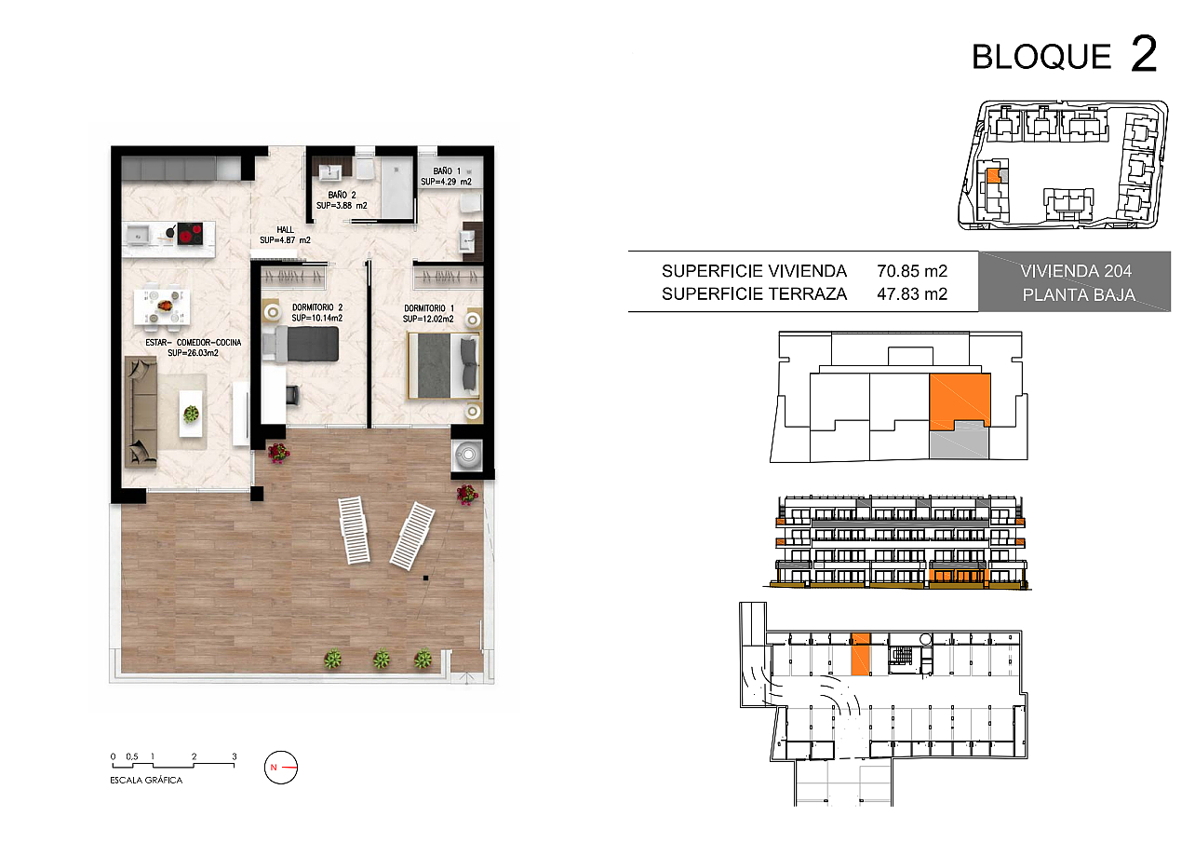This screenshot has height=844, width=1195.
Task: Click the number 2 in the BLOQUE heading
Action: pyautogui.click(x=1144, y=53)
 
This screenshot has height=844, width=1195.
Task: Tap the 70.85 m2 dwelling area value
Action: pyautogui.click(x=912, y=271)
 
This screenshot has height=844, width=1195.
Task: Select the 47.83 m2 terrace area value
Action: pyautogui.click(x=912, y=294)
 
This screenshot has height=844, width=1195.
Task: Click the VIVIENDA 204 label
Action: pyautogui.click(x=1076, y=271)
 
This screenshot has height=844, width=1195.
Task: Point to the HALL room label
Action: pyautogui.click(x=285, y=229)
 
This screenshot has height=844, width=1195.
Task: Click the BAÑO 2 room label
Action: pyautogui.click(x=342, y=195)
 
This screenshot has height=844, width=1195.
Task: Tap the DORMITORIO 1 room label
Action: pyautogui.click(x=429, y=308)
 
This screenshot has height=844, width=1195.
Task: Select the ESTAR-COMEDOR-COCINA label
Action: pyautogui.click(x=194, y=342)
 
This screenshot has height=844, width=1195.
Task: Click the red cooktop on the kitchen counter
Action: pyautogui.click(x=191, y=233)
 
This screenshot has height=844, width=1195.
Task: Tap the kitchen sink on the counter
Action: pyautogui.click(x=139, y=233)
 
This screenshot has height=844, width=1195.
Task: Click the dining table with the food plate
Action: pyautogui.click(x=162, y=306)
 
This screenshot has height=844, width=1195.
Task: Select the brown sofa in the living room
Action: pyautogui.click(x=141, y=412)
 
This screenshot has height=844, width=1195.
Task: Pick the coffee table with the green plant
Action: pyautogui.click(x=191, y=414)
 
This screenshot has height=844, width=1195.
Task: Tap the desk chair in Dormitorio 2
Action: pyautogui.click(x=292, y=394)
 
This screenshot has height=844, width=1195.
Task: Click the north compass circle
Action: pyautogui.click(x=281, y=767)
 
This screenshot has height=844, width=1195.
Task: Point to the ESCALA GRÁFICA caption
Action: pyautogui.click(x=146, y=780)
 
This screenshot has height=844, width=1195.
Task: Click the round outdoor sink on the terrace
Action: pyautogui.click(x=468, y=455)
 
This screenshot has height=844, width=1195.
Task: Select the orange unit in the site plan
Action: pyautogui.click(x=993, y=176)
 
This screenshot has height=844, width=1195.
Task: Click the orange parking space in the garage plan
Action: pyautogui.click(x=860, y=655)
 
